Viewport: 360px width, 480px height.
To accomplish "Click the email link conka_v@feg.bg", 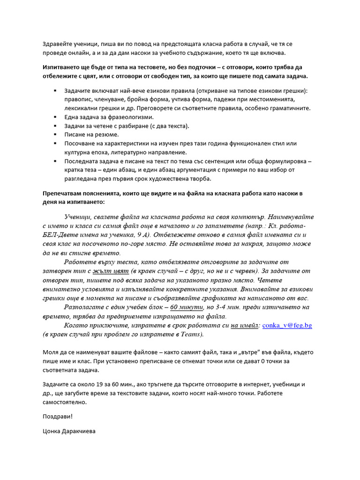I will pyautogui.click(x=287, y=325).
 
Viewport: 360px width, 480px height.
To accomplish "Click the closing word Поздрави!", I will pyautogui.click(x=58, y=416).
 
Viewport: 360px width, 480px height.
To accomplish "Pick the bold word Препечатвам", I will pyautogui.click(x=63, y=193).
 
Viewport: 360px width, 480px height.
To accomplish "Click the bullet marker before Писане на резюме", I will pyautogui.click(x=55, y=135).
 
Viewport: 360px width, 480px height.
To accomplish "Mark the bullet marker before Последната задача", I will pyautogui.click(x=55, y=161).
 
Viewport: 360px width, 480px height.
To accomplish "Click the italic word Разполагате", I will pyautogui.click(x=89, y=307).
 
